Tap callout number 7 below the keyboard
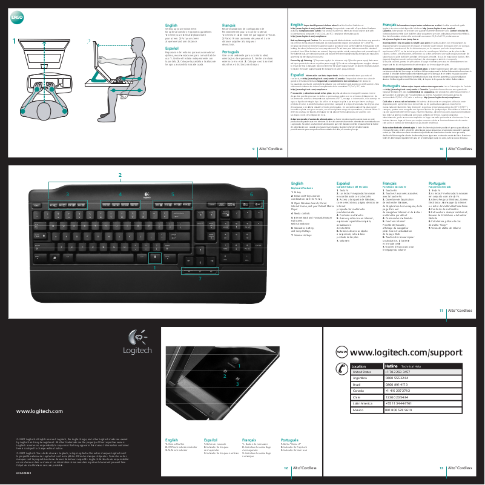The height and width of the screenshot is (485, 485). coord(200,295)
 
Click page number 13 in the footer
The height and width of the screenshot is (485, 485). coord(443,467)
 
